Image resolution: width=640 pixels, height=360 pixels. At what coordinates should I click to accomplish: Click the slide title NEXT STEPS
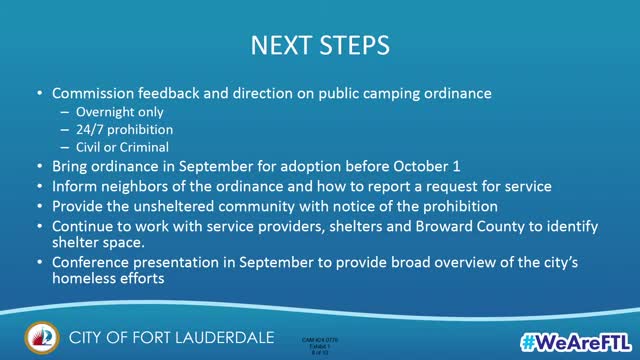point(320,46)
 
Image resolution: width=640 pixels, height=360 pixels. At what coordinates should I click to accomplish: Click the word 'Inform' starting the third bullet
point(75,187)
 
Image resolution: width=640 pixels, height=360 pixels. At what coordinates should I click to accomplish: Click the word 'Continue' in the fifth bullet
point(86,226)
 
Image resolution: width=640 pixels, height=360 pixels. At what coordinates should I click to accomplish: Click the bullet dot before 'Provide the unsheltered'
point(38,207)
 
